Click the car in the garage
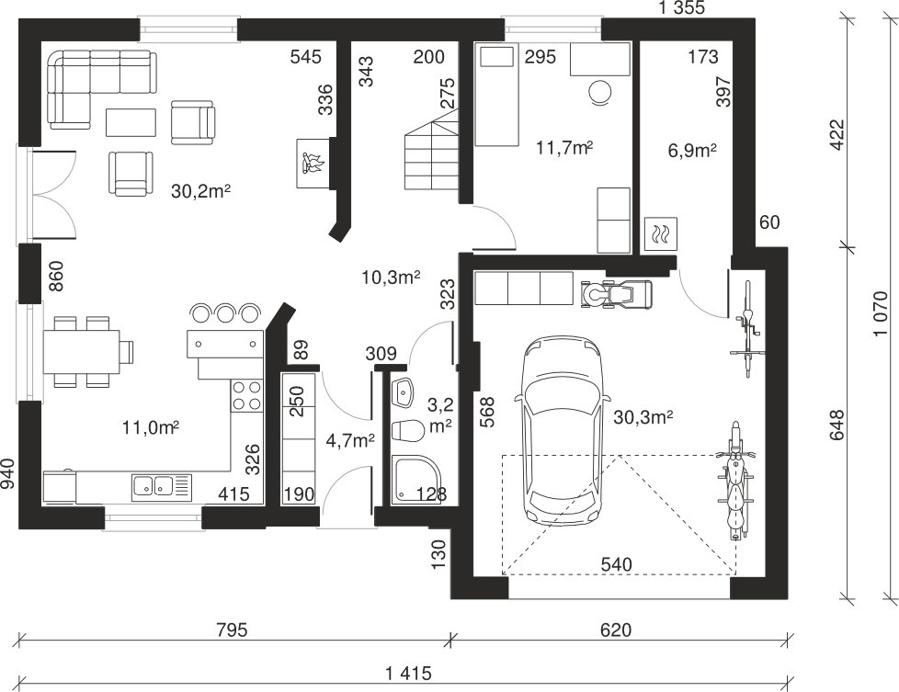[562, 431]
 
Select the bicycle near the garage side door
[747, 328]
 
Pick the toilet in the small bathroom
[406, 431]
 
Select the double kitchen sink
[161, 487]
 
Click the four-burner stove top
[246, 395]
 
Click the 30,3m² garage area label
[643, 417]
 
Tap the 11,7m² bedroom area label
[564, 147]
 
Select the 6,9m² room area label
[692, 150]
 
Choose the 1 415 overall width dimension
[408, 673]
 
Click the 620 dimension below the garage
[616, 630]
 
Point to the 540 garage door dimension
[617, 565]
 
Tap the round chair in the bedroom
[600, 92]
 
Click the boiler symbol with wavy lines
[661, 233]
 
